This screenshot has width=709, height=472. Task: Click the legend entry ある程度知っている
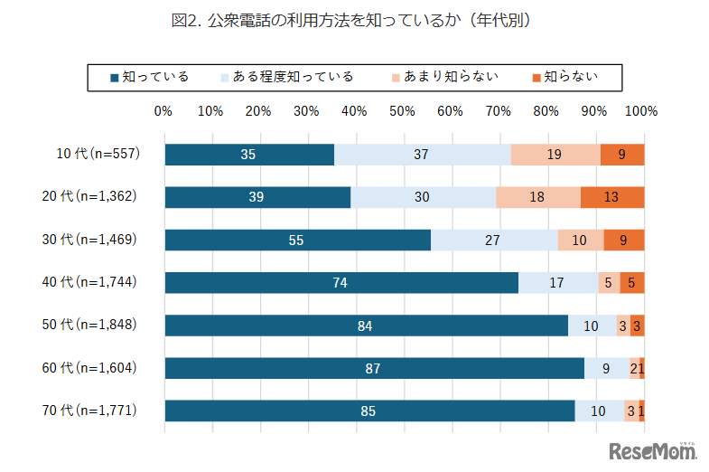pyautogui.click(x=287, y=77)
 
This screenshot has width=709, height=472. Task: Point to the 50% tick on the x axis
pyautogui.click(x=402, y=111)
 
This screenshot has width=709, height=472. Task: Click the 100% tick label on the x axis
pyautogui.click(x=641, y=111)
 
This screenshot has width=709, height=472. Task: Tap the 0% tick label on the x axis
pyautogui.click(x=163, y=111)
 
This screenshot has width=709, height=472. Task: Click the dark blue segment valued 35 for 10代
pyautogui.click(x=248, y=155)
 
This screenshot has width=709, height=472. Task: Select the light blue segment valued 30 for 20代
pyautogui.click(x=423, y=197)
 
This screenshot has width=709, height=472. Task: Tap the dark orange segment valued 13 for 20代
pyautogui.click(x=612, y=197)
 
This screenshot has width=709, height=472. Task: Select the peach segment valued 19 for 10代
pyautogui.click(x=555, y=155)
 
